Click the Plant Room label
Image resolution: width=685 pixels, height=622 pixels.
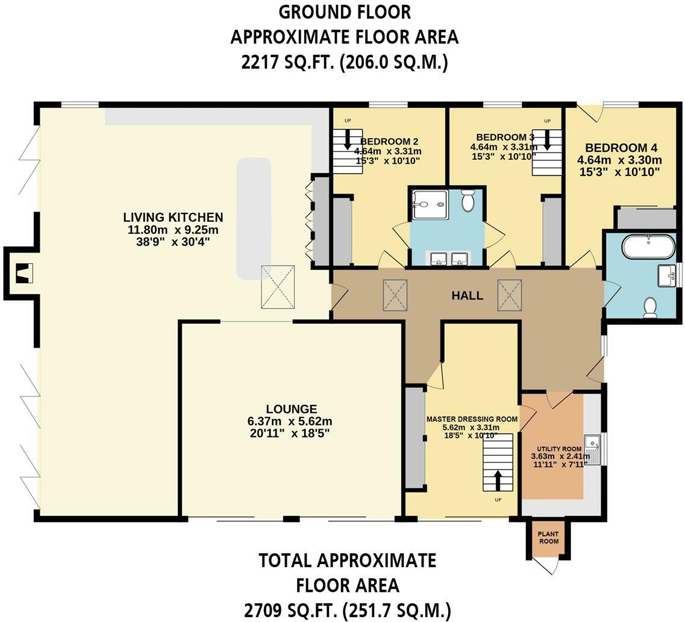[548, 538]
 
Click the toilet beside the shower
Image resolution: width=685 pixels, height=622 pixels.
[468, 200]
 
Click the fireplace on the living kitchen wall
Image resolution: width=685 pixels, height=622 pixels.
[22, 273]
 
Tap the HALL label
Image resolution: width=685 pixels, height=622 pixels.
[467, 295]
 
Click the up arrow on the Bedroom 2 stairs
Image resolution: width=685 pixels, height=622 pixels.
[348, 141]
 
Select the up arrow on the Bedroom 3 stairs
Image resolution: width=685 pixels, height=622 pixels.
[547, 141]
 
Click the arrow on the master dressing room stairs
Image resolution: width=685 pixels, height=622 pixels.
[498, 481]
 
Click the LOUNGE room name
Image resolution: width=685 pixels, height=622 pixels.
[292, 409]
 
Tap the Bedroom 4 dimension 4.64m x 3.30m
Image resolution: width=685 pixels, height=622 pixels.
[619, 160]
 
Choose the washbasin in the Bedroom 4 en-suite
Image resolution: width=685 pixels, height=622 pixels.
[668, 275]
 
